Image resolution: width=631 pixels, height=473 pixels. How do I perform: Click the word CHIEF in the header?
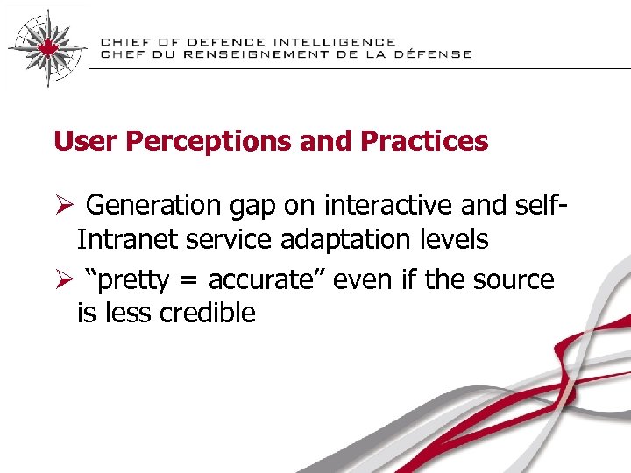click(x=124, y=42)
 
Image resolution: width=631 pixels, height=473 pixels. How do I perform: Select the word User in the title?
click(x=81, y=141)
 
